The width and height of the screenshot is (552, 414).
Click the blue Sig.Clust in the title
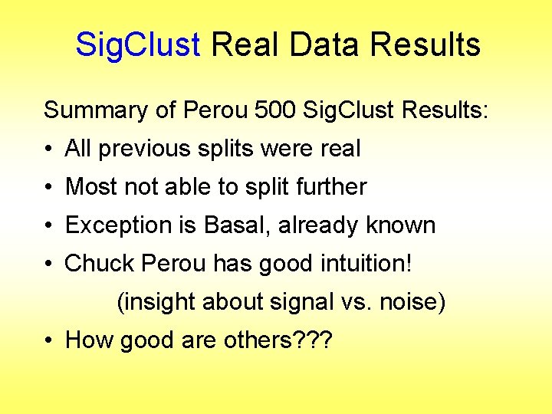137,45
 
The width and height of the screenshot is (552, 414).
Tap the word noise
409,302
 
